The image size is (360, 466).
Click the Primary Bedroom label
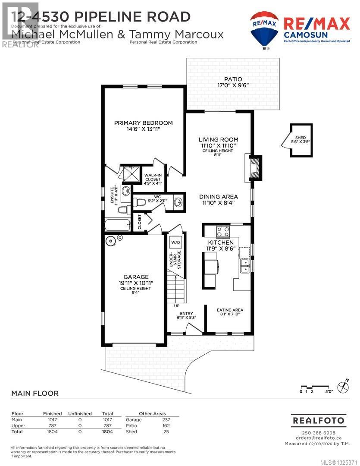pos(143,123)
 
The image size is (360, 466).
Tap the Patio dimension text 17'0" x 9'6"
pos(232,85)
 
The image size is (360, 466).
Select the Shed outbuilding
pos(301,140)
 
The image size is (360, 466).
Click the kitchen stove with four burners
pos(223,232)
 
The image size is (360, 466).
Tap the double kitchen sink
pos(244,265)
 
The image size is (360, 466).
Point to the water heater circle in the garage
pos(111,241)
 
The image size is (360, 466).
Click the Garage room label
pos(136,277)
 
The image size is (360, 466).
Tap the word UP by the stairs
pos(177,305)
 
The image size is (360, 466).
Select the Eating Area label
pos(230,310)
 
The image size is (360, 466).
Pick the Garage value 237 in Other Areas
pos(166,419)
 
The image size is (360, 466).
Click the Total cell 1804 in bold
pos(107,431)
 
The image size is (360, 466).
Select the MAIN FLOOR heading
pos(34,393)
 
